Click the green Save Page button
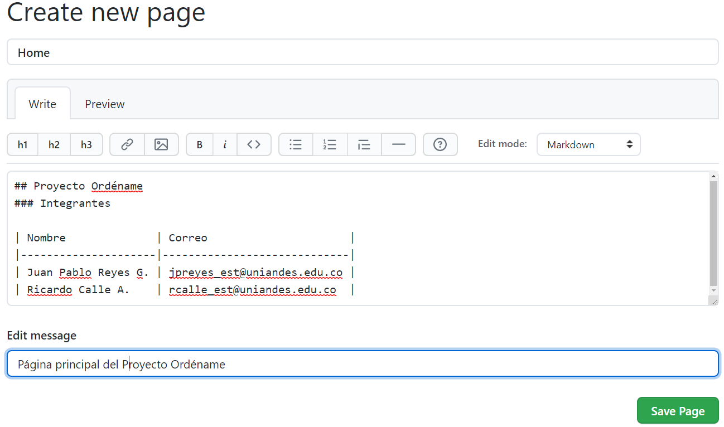[x=678, y=411]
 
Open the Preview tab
[x=105, y=104]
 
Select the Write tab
[x=42, y=104]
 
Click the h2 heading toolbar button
[x=54, y=144]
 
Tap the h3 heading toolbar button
[x=86, y=144]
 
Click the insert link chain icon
[x=127, y=144]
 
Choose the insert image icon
[x=161, y=144]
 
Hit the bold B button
[x=200, y=144]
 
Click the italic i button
[x=225, y=144]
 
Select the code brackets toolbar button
[x=254, y=144]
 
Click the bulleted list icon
[x=296, y=144]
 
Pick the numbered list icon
[x=330, y=144]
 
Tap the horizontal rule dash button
[x=398, y=144]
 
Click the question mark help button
[x=440, y=144]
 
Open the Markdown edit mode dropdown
[x=588, y=144]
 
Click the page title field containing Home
[x=363, y=52]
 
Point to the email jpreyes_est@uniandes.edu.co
[x=255, y=273]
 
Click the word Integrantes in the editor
[x=75, y=203]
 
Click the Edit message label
[x=42, y=336]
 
